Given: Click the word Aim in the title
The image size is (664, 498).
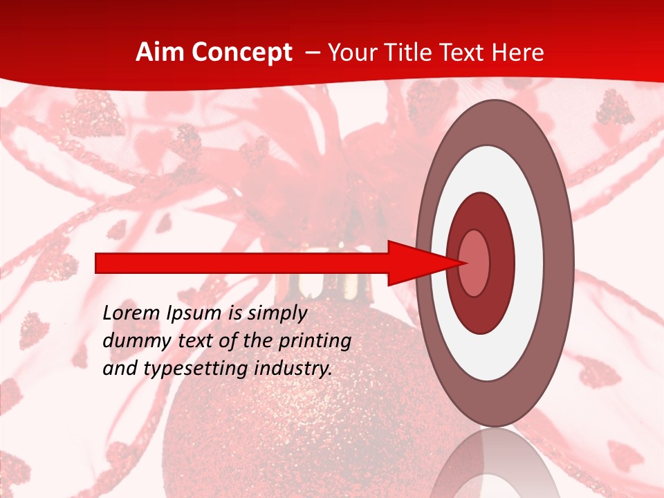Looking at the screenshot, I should [x=157, y=53].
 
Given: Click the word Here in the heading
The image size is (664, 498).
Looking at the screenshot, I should [x=518, y=53].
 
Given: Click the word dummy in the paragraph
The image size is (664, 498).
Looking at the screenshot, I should [x=130, y=341].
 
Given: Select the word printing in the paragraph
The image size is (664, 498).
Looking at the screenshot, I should [x=315, y=341].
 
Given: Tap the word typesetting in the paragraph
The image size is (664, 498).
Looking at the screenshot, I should [x=184, y=369].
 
